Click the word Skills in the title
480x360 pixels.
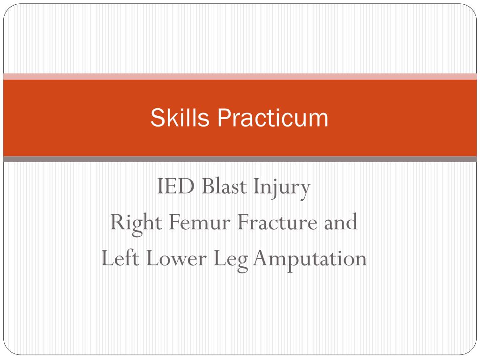click(180, 118)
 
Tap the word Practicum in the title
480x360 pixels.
click(273, 118)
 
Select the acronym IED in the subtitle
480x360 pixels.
click(176, 186)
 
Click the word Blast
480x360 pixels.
click(224, 186)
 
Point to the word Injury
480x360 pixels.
click(282, 188)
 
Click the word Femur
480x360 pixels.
click(200, 222)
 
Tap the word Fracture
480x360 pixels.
click(277, 222)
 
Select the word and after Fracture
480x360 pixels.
click(341, 222)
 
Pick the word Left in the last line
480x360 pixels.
click(120, 258)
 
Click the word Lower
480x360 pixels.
click(176, 258)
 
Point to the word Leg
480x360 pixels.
click(231, 261)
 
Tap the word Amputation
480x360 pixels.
click(310, 261)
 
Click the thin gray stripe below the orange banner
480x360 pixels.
click(240, 159)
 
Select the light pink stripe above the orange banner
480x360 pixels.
click(240, 76)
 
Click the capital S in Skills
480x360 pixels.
click(158, 118)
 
